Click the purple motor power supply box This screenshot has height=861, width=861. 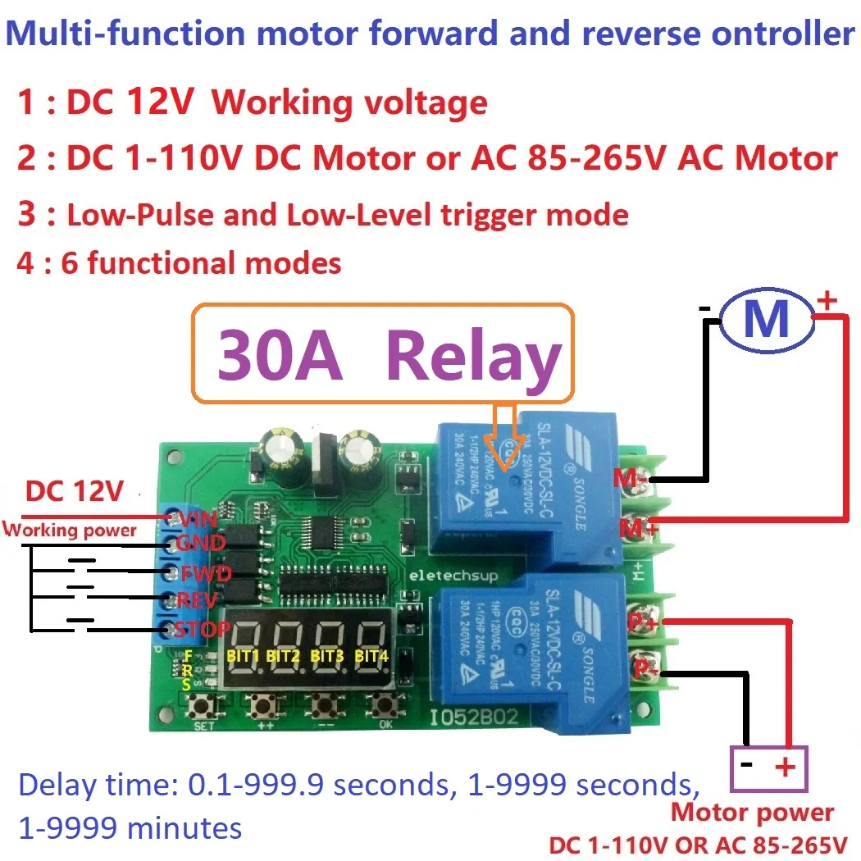coord(769,768)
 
